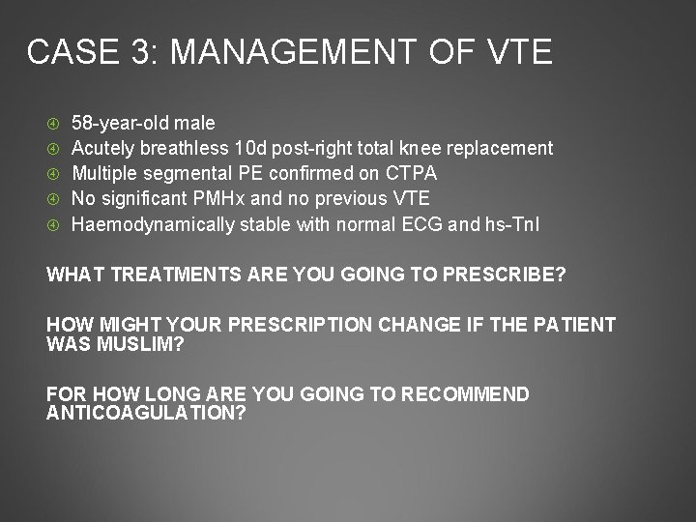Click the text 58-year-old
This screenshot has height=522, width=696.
[122, 123]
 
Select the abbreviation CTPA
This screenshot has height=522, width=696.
[410, 173]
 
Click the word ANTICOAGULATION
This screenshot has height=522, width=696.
[145, 412]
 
